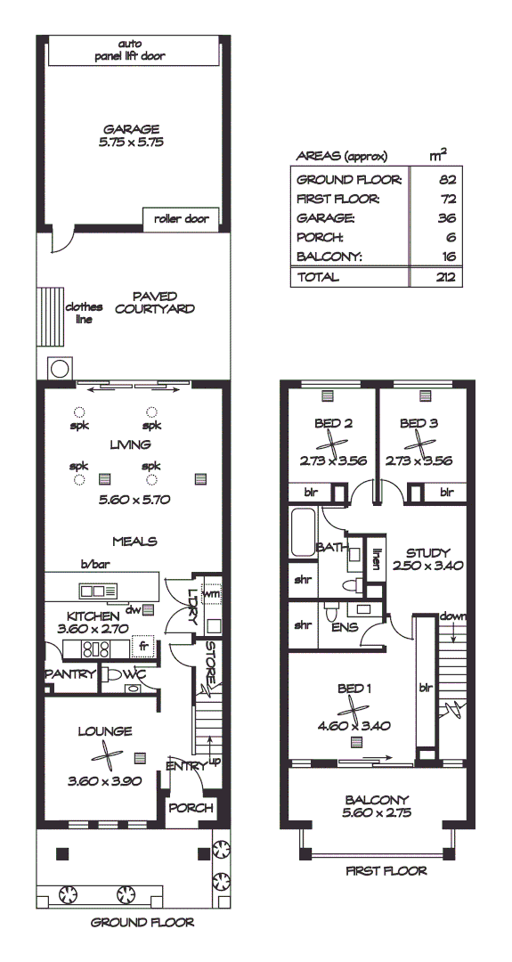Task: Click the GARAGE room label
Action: pyautogui.click(x=130, y=128)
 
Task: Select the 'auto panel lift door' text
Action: pyautogui.click(x=130, y=50)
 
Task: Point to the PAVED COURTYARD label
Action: pyautogui.click(x=155, y=303)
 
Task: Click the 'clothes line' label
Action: pyautogui.click(x=85, y=313)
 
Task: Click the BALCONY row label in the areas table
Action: pyautogui.click(x=325, y=256)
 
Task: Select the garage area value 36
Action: pyautogui.click(x=447, y=217)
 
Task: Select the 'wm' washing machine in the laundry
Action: pyautogui.click(x=212, y=593)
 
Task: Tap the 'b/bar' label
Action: pyautogui.click(x=93, y=565)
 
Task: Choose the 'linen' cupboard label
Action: pyautogui.click(x=377, y=558)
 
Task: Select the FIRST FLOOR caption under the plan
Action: pyautogui.click(x=386, y=871)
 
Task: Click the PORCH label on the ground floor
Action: pyautogui.click(x=191, y=808)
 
